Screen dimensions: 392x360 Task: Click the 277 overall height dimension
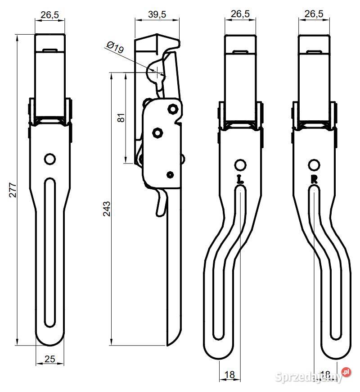[x=13, y=190]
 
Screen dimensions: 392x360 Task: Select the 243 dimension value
[x=107, y=209]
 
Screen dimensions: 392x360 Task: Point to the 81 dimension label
[x=120, y=119]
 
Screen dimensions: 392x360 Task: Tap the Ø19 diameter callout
[x=115, y=47]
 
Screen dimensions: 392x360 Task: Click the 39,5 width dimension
[x=157, y=14]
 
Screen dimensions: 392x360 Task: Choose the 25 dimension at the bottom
[x=50, y=359]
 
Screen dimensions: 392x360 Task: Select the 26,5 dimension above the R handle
[x=314, y=14]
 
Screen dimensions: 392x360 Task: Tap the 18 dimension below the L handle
[x=229, y=374]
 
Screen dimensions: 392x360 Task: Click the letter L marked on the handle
[x=240, y=179]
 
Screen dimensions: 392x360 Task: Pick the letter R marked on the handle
[x=315, y=179]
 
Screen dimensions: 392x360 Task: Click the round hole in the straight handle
[x=50, y=159]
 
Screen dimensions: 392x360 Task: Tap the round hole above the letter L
[x=240, y=164]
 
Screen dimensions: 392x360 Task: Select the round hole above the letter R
[x=315, y=164]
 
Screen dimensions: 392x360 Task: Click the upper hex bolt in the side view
[x=172, y=109]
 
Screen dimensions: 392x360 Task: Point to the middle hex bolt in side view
[x=157, y=132]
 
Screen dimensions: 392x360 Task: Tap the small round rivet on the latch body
[x=170, y=174]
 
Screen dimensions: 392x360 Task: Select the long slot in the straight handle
[x=49, y=252]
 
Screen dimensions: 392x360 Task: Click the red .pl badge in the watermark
[x=346, y=372]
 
